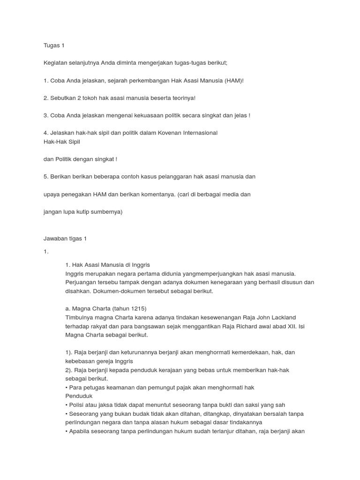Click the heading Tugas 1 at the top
(53, 45)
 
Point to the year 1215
(136, 308)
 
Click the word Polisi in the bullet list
(78, 405)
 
